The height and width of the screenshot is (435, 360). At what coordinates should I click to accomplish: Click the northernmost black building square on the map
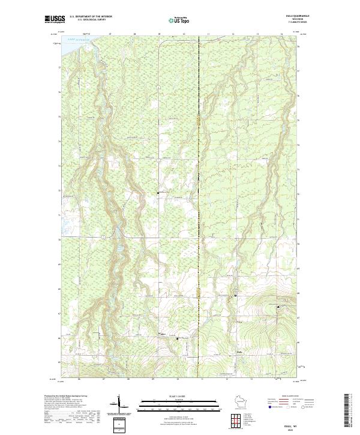click(158, 193)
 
